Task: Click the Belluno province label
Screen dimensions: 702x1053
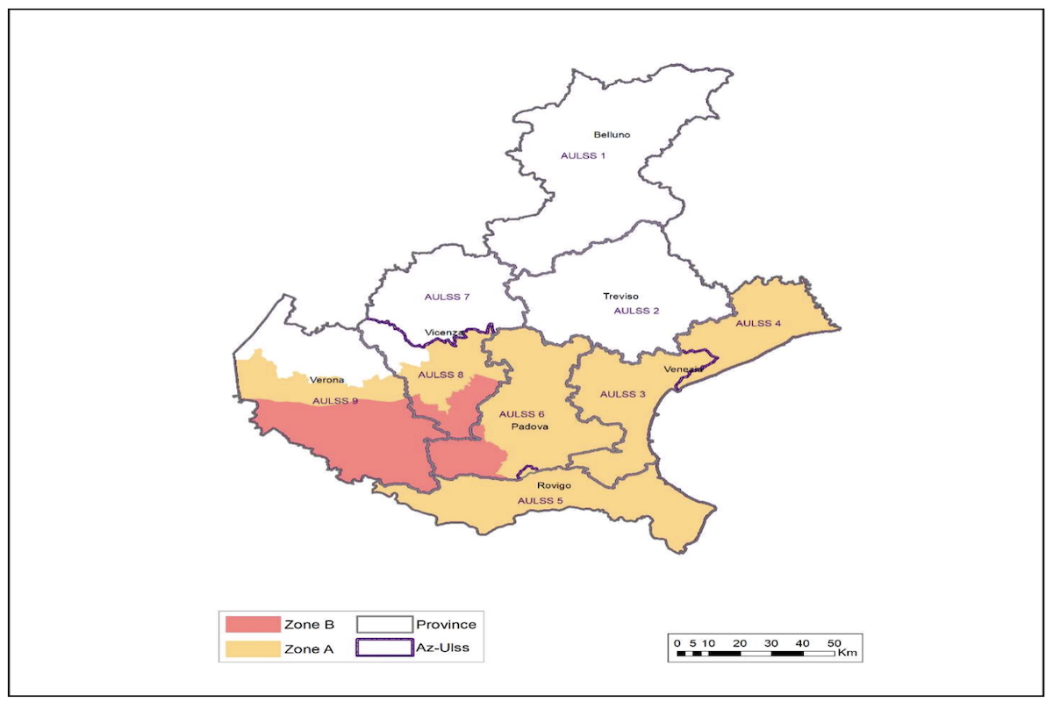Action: (x=612, y=134)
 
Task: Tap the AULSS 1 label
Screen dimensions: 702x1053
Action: (x=583, y=155)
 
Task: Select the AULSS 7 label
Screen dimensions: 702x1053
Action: (x=447, y=297)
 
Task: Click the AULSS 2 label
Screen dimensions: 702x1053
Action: (x=636, y=311)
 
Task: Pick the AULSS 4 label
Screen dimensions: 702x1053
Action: (x=757, y=323)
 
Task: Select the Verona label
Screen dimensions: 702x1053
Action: (x=326, y=380)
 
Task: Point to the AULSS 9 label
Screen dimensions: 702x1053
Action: (x=335, y=401)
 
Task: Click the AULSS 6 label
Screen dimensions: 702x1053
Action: (x=521, y=413)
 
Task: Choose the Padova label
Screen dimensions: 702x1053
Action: (x=531, y=427)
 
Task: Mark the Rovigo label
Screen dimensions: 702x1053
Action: (x=555, y=485)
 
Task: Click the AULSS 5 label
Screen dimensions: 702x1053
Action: (x=540, y=501)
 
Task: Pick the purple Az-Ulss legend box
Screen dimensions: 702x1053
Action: (x=383, y=649)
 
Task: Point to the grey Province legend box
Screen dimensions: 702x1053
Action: (x=383, y=625)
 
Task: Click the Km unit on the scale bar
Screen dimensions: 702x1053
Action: (x=847, y=654)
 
